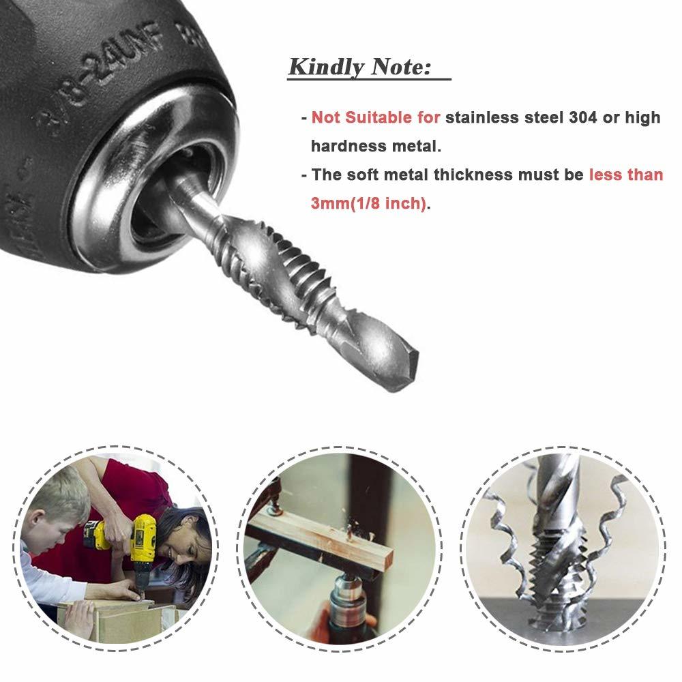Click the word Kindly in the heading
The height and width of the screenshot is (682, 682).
[326, 68]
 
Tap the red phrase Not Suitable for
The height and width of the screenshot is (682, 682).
[376, 117]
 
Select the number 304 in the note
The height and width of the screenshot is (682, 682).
[583, 117]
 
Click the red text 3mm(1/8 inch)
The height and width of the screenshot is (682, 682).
[368, 203]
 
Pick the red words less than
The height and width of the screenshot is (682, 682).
[626, 175]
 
